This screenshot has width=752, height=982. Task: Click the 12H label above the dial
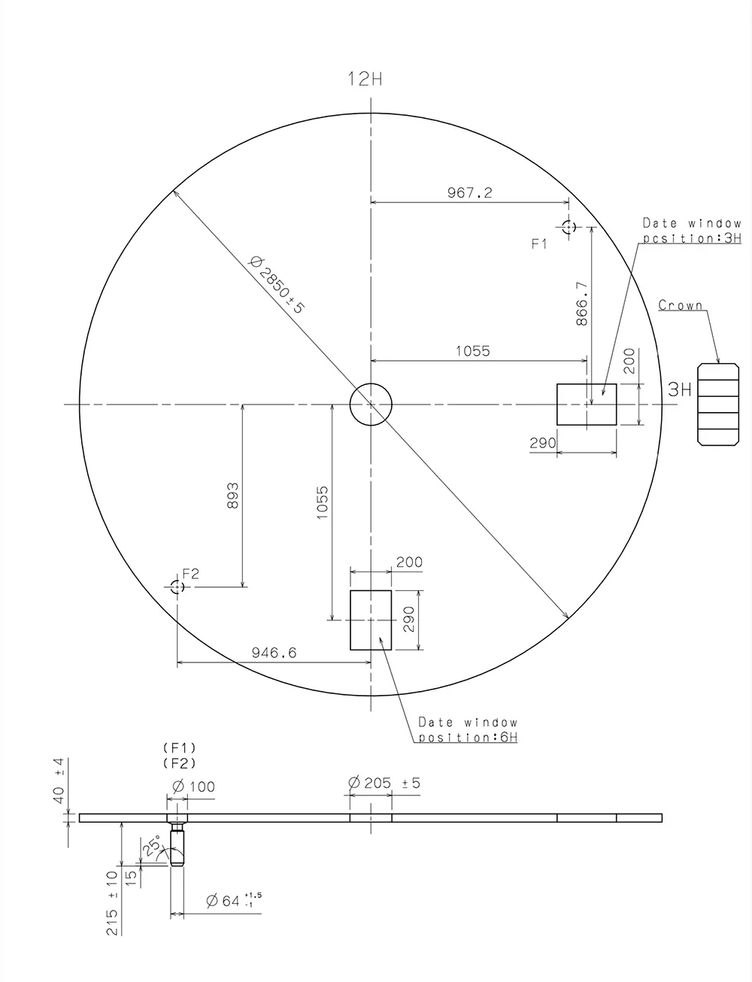coord(365,78)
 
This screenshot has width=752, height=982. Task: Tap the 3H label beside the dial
coord(679,389)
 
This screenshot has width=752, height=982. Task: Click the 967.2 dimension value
coord(470,193)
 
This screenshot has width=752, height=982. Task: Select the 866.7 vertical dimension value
coord(581,304)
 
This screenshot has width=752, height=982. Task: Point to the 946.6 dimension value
coord(273,653)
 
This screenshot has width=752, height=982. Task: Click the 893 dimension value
coord(232,497)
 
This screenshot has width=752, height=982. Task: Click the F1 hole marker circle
coord(569,226)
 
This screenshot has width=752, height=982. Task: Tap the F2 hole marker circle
coord(177,587)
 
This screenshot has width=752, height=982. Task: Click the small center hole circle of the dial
coord(371,405)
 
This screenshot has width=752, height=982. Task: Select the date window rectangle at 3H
coord(587,405)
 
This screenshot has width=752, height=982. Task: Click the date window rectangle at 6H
coord(371,620)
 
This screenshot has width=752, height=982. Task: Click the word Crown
coord(681,305)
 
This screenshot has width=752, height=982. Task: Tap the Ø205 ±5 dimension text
coord(384,783)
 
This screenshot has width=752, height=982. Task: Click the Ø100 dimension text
coord(193,787)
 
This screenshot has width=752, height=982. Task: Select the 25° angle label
coord(152,848)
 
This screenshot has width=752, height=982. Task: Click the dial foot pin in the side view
coord(177,844)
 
